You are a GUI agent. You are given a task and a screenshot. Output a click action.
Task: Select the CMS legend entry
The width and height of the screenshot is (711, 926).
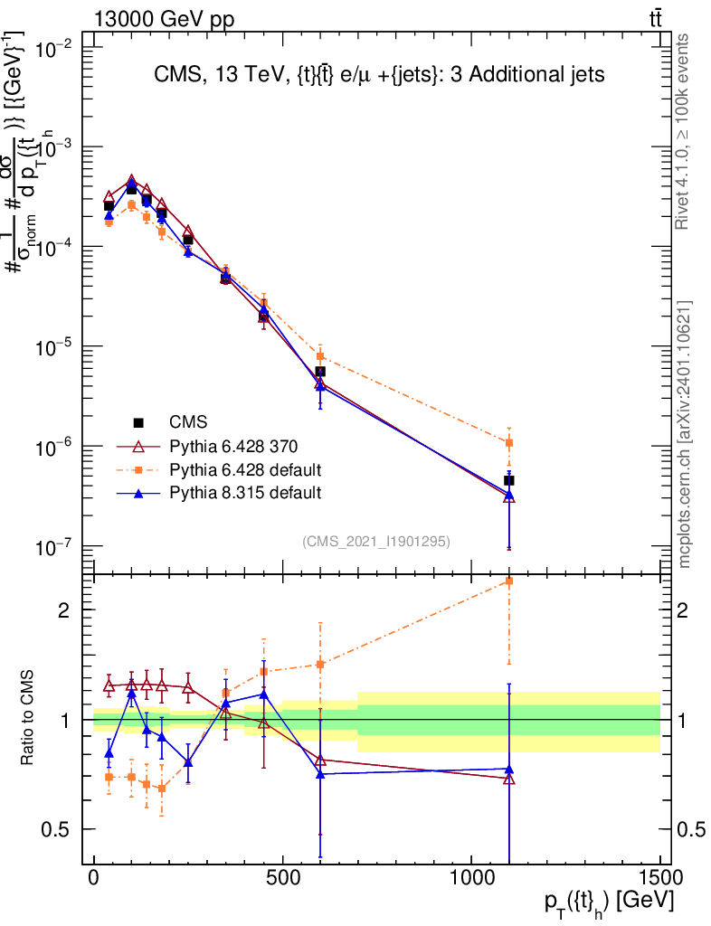coord(188,422)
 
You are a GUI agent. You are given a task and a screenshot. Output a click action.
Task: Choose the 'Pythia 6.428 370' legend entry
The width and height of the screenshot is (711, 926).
coord(233,446)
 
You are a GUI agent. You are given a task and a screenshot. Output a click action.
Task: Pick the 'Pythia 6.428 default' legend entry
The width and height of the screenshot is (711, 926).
coord(245,469)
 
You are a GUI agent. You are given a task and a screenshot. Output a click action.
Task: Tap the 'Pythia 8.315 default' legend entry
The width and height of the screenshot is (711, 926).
coord(245,493)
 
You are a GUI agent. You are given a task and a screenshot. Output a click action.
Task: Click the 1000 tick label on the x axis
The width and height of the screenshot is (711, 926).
coord(471,878)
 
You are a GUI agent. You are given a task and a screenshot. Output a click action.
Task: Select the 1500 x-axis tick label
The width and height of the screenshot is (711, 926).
coord(659,878)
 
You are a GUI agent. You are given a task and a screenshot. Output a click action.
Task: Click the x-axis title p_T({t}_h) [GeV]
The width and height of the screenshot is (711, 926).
coord(608,902)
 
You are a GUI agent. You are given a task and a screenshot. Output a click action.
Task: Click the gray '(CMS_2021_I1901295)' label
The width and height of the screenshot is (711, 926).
coord(376,541)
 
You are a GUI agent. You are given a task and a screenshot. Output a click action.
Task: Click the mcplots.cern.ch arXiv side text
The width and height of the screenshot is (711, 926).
coord(684,434)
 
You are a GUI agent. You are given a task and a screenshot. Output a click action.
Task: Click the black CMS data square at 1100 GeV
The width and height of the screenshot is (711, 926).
coord(509,480)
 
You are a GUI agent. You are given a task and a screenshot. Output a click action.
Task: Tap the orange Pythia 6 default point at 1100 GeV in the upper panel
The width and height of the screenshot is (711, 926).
coord(509,442)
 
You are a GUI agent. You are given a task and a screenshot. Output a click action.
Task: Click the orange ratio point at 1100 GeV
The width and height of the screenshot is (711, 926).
coord(509,581)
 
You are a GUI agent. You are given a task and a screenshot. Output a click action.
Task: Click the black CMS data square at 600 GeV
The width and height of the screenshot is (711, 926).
coord(320,372)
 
